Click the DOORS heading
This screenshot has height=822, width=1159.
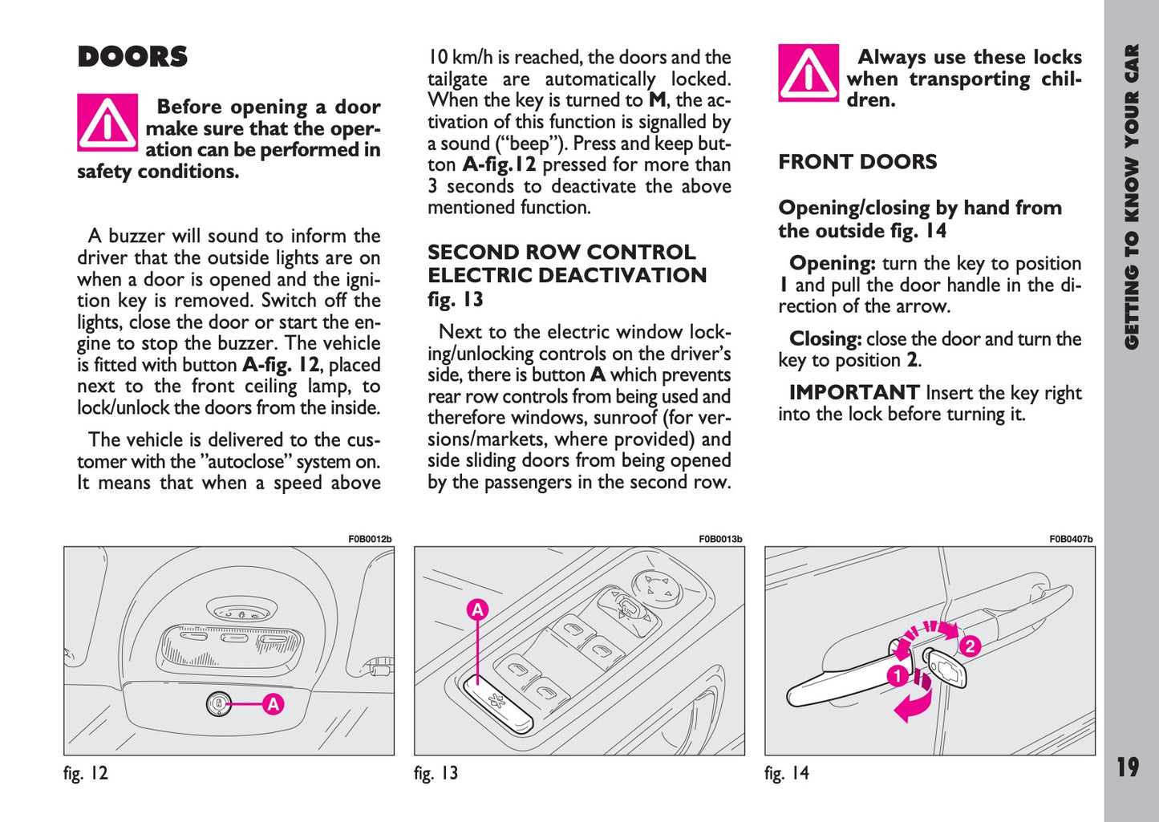[x=132, y=58]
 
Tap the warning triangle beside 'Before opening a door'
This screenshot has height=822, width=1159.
[x=107, y=123]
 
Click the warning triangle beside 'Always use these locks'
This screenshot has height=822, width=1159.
[x=808, y=73]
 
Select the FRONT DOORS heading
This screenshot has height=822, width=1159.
[x=857, y=162]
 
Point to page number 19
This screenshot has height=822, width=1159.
[x=1128, y=767]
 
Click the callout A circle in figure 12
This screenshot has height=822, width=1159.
[x=274, y=704]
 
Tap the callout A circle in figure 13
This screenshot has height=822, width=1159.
[x=478, y=609]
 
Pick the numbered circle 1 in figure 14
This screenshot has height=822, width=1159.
[x=897, y=676]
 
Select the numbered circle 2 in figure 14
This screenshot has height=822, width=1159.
[x=970, y=646]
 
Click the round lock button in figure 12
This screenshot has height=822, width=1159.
[x=218, y=704]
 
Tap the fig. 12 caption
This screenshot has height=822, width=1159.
[x=86, y=773]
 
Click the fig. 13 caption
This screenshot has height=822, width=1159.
[x=436, y=773]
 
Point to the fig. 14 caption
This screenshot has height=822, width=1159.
[x=787, y=773]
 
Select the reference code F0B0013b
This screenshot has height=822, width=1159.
[x=720, y=540]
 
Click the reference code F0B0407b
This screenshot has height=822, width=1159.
[x=1071, y=540]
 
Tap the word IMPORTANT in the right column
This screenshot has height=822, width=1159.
[x=854, y=393]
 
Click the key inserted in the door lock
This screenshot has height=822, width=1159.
[x=949, y=667]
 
